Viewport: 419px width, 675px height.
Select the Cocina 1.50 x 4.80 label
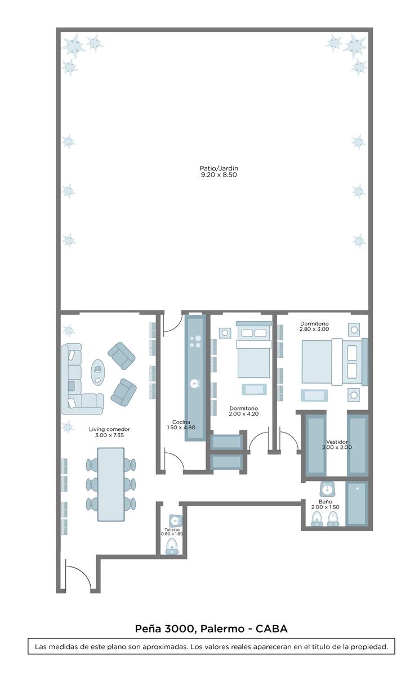(x=181, y=425)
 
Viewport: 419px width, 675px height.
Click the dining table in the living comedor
(x=111, y=484)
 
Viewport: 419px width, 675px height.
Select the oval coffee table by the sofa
(x=98, y=372)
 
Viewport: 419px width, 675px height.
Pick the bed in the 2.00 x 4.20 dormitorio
(x=253, y=349)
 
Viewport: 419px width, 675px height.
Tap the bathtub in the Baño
(x=357, y=503)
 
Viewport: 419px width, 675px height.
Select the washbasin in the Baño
(x=326, y=488)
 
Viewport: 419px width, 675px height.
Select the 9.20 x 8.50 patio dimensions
(x=219, y=175)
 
